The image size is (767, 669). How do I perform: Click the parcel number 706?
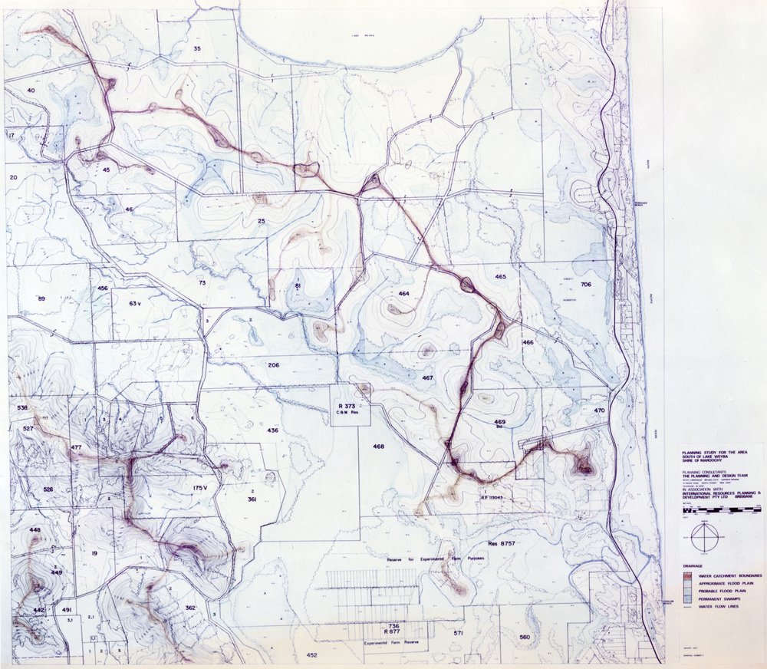coord(586,285)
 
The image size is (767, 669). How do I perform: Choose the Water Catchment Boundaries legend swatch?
coord(687,575)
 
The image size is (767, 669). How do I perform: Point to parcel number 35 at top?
coord(197,49)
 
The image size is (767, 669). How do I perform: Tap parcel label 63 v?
coord(137,303)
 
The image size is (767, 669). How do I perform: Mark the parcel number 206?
coord(273,364)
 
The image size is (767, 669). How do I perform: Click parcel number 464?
coord(404,295)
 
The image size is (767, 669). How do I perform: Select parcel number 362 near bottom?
coord(190,608)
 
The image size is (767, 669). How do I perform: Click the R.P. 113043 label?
coord(491,497)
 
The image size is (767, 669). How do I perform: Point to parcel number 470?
coord(600,410)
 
